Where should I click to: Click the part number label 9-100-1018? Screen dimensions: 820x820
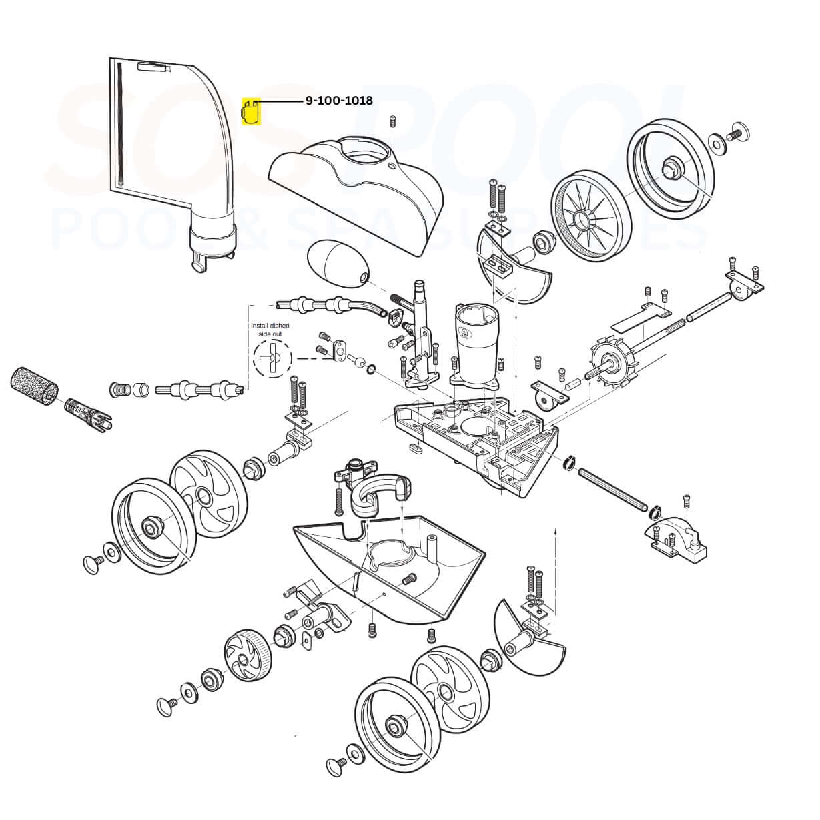click(x=339, y=101)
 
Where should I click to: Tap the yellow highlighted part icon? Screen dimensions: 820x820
click(x=251, y=111)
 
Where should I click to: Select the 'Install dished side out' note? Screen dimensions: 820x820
click(x=270, y=330)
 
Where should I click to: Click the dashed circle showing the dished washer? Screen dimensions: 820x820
click(x=273, y=359)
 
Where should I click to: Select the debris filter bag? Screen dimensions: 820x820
click(x=173, y=164)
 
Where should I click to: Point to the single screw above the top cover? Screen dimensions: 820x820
click(x=392, y=121)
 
